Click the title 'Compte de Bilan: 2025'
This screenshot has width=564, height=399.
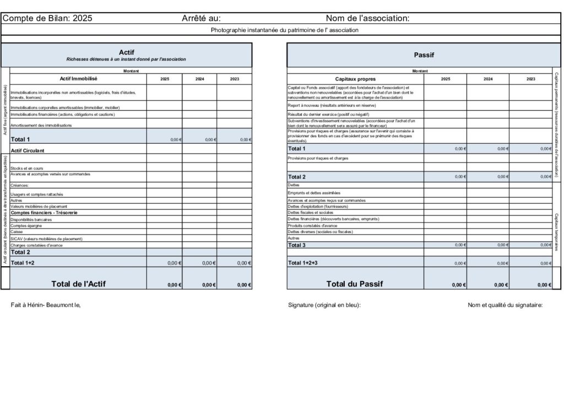[47, 18]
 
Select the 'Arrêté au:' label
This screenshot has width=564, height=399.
[201, 18]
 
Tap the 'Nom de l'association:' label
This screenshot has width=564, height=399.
[367, 18]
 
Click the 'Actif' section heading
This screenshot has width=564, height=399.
[126, 52]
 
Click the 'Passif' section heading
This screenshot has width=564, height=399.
[424, 55]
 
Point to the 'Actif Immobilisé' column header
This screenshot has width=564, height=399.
[78, 79]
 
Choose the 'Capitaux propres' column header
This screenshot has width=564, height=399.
[355, 79]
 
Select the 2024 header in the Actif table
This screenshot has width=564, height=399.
[199, 79]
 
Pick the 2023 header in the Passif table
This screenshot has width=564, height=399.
[530, 79]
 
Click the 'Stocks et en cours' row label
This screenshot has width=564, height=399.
[27, 168]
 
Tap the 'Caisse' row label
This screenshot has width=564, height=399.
[17, 232]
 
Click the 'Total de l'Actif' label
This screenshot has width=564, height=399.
[78, 284]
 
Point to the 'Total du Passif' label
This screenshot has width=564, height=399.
[354, 284]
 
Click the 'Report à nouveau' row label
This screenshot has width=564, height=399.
[328, 105]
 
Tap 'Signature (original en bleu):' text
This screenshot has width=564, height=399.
[324, 305]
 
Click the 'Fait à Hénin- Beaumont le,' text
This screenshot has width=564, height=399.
[46, 305]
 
